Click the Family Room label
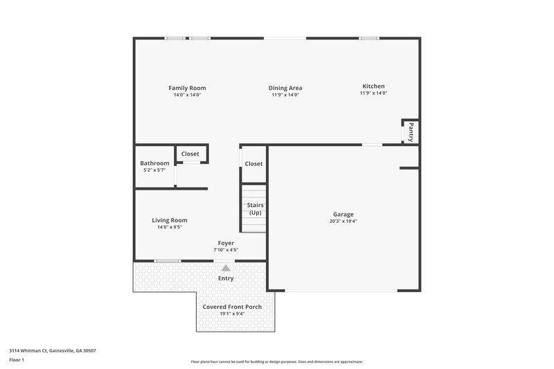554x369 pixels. tap(187, 88)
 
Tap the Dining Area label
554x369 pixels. tap(285, 88)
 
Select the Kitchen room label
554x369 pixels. tap(373, 86)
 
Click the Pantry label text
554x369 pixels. tap(411, 130)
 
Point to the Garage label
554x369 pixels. tap(343, 215)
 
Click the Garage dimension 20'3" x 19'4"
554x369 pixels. tap(343, 222)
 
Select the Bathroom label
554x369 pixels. tap(154, 163)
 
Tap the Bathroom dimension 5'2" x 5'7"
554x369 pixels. tap(154, 170)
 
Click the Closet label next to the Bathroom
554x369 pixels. tap(190, 154)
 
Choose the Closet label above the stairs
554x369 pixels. tap(253, 164)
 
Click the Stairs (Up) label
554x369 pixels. tap(255, 209)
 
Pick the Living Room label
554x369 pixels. tap(170, 220)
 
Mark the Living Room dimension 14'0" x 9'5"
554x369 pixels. tap(170, 227)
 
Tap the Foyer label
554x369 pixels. tap(226, 243)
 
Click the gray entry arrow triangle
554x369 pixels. tap(225, 267)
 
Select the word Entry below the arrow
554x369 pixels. tap(226, 278)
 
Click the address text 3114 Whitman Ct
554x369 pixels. tap(53, 351)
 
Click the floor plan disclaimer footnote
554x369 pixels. tap(276, 361)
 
